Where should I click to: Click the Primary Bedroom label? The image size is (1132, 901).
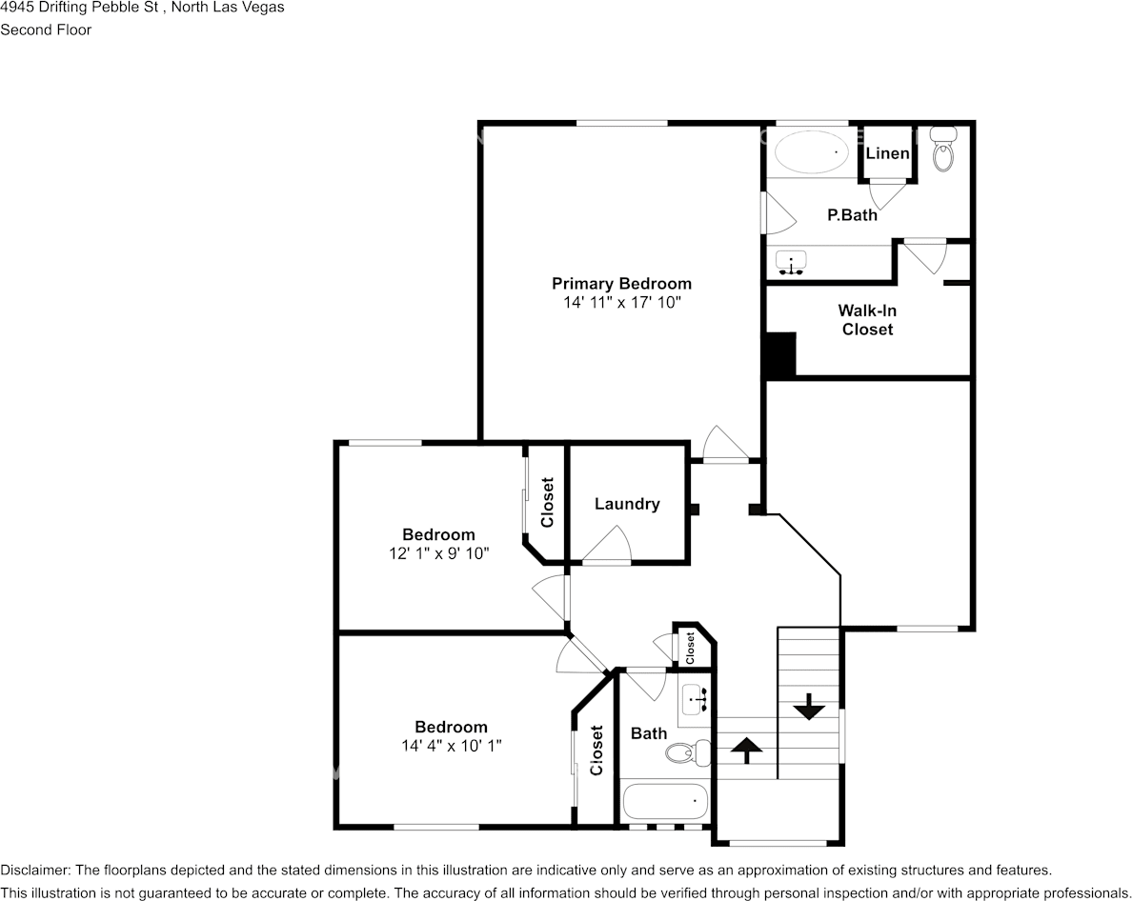tap(621, 284)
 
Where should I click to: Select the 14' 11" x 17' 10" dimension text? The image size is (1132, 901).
tap(621, 302)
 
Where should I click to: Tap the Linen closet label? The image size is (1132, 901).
tap(887, 153)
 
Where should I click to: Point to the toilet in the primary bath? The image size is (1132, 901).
tap(942, 149)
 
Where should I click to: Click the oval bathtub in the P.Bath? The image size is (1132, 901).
tap(811, 152)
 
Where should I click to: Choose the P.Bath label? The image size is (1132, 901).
tap(852, 215)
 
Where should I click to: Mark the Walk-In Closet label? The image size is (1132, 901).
tap(867, 320)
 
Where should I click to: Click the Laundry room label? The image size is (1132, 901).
tap(627, 504)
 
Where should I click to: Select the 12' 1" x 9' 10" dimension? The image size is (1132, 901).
tap(439, 553)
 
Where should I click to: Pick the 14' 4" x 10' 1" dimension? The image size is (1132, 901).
tap(452, 745)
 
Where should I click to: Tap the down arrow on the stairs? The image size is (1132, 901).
tap(809, 707)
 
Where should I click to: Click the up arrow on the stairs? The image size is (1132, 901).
tap(746, 751)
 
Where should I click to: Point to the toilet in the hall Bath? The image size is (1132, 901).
tap(687, 753)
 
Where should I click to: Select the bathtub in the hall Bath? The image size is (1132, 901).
tap(665, 801)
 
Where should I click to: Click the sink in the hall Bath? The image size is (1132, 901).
tap(696, 699)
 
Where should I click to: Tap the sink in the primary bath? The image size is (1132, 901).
tap(791, 263)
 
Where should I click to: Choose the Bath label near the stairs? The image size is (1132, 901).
tap(648, 733)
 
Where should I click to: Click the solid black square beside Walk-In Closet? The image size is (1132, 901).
tap(780, 354)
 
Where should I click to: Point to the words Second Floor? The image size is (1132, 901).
tap(46, 30)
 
